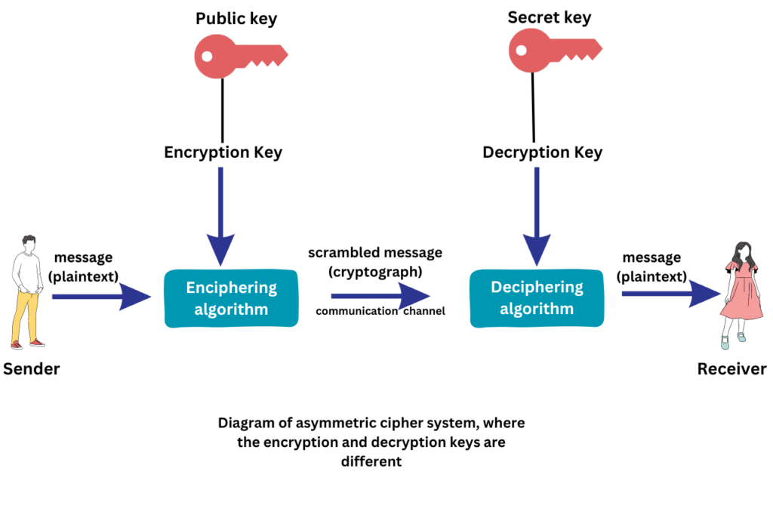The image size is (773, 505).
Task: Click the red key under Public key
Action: pos(240,56)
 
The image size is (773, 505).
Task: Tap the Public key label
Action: pos(236,18)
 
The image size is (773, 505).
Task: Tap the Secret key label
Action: pos(549,17)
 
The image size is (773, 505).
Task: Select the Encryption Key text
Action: pos(223,152)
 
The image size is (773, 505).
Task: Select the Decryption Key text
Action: pos(542,152)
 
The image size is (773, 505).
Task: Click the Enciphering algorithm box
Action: pos(231,299)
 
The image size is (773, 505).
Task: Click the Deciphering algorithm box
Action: pos(537,298)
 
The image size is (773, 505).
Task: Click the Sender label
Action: pos(31,369)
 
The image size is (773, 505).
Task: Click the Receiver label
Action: pos(731,369)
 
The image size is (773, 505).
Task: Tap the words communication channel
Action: pos(380,311)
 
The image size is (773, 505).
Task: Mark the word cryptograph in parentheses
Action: pos(375,270)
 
